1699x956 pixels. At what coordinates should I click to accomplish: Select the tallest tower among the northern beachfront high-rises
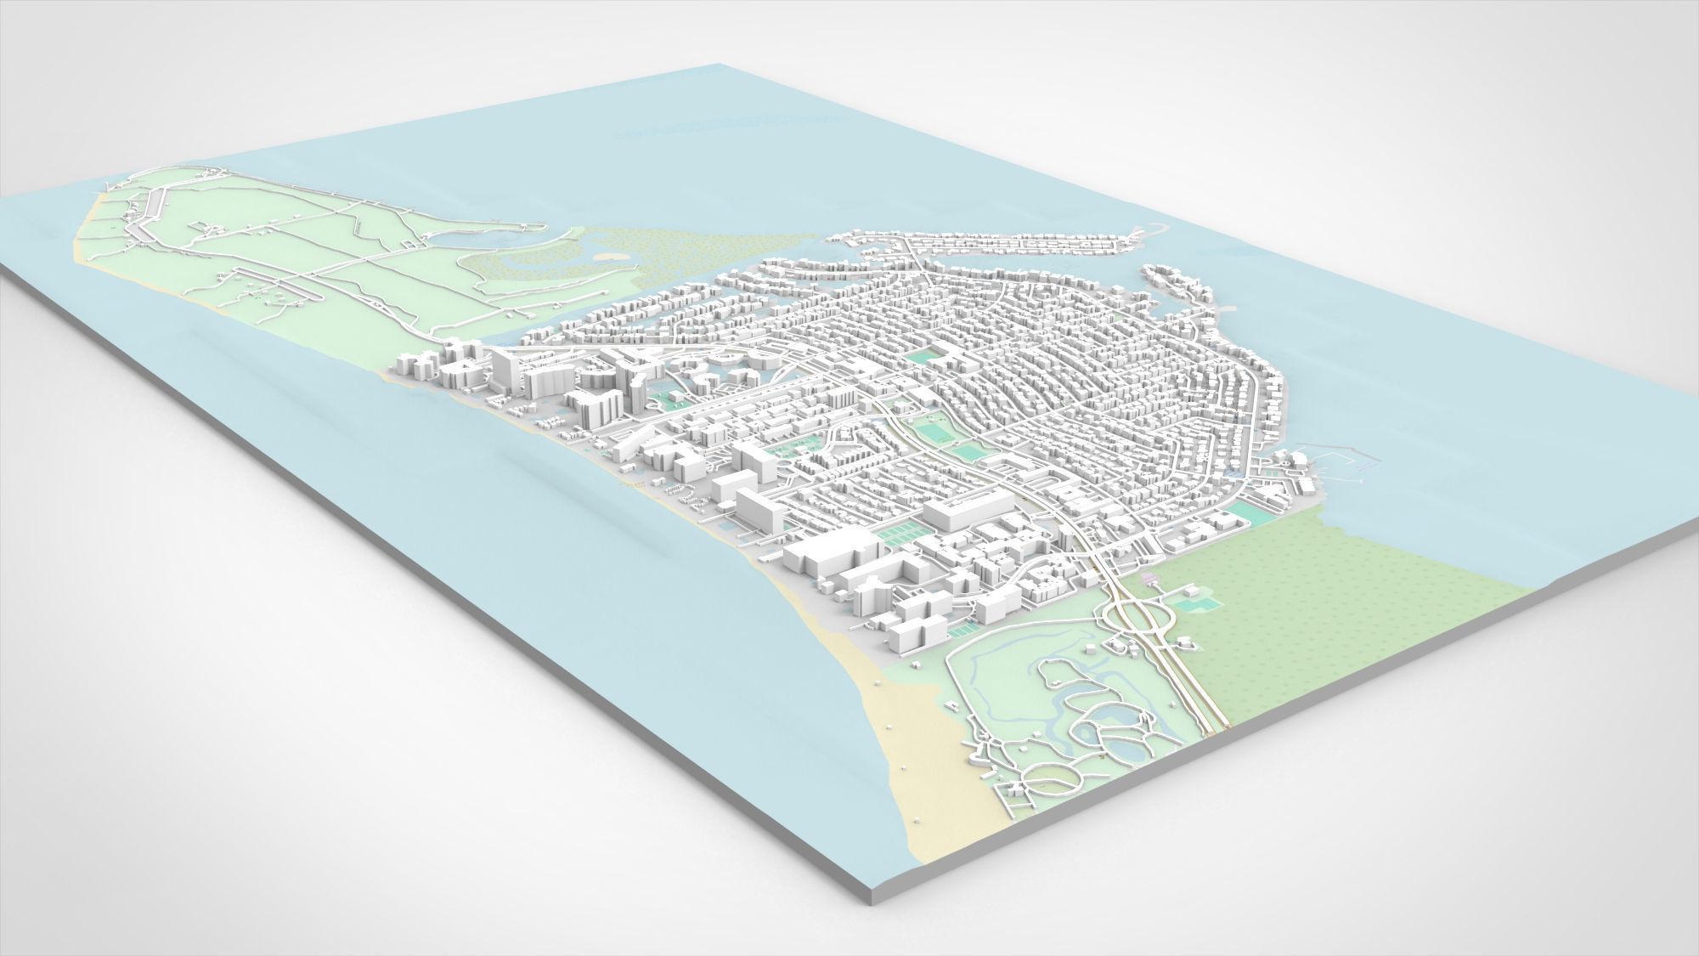pyautogui.click(x=506, y=374)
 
